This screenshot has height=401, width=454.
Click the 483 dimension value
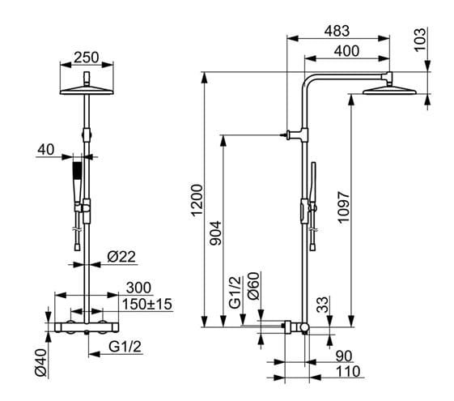click(337, 32)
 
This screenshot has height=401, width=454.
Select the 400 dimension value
click(346, 51)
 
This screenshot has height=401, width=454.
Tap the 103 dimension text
click(420, 40)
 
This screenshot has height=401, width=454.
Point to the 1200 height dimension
click(197, 201)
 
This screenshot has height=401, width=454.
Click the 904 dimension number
click(216, 233)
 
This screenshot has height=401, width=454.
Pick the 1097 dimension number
click(344, 207)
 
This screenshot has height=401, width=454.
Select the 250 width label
click(87, 58)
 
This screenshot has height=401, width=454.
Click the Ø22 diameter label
click(121, 257)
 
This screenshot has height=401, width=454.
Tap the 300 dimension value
click(138, 288)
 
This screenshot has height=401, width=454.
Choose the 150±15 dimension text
click(147, 305)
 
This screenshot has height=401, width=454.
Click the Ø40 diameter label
click(40, 362)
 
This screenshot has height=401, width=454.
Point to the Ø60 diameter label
click(253, 286)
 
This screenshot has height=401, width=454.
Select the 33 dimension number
click(323, 305)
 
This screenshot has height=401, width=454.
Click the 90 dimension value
click(344, 356)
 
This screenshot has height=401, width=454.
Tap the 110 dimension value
click(348, 372)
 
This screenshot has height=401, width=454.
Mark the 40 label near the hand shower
click(46, 150)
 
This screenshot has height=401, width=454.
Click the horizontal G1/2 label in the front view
click(125, 346)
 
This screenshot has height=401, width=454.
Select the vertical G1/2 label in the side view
click(235, 292)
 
